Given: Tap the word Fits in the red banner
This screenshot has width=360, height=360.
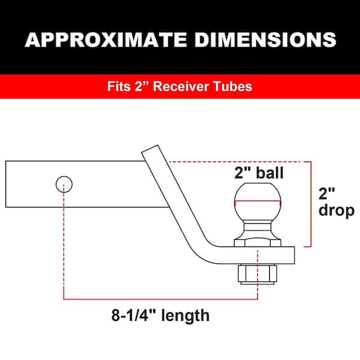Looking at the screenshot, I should [119, 86].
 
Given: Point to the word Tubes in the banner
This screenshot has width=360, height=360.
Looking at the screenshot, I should [233, 86].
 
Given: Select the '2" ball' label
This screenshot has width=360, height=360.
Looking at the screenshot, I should [259, 174].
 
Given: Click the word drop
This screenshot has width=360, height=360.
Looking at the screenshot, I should [337, 211].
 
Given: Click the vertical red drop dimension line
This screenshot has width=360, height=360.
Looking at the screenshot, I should [311, 204].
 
